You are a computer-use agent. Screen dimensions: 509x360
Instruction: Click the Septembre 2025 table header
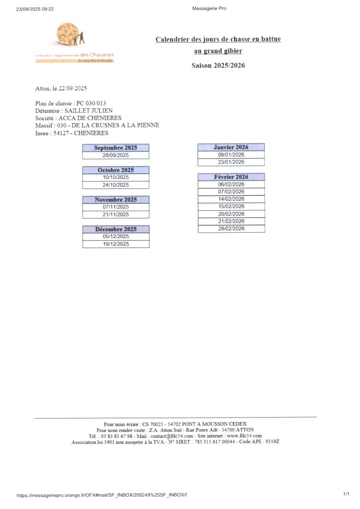(x=115, y=148)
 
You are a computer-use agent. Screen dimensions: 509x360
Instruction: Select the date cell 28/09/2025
(x=115, y=155)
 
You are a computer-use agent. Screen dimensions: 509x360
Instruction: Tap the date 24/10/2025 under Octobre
(x=115, y=185)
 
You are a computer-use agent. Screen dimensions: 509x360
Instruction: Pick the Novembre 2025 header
(x=115, y=200)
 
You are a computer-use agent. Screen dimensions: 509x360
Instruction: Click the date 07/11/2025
(x=115, y=207)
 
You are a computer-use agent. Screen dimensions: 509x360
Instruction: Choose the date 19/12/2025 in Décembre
(x=115, y=244)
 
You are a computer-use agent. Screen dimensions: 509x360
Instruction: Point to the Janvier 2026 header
(x=231, y=147)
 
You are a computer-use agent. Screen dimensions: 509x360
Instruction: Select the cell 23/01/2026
(x=231, y=162)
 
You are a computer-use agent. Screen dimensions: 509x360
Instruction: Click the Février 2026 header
(x=231, y=177)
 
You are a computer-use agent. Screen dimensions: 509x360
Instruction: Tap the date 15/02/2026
(x=231, y=206)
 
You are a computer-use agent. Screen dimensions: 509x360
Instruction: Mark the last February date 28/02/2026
(x=231, y=229)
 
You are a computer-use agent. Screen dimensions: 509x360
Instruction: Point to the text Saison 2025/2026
(x=218, y=66)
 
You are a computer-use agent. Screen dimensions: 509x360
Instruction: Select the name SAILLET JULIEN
(x=89, y=110)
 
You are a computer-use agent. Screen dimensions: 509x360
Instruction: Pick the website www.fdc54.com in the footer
(x=244, y=436)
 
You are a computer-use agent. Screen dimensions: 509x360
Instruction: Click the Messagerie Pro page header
(x=209, y=8)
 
